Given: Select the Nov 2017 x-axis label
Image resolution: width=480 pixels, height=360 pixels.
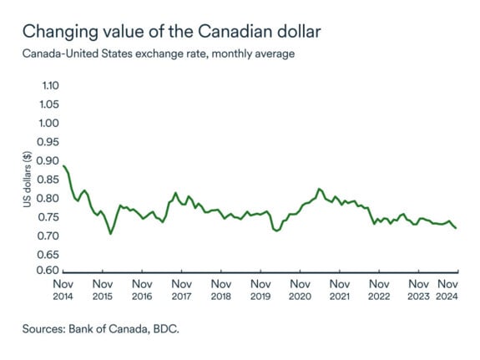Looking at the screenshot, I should [181, 289].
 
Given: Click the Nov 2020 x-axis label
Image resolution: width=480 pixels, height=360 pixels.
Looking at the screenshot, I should [300, 289].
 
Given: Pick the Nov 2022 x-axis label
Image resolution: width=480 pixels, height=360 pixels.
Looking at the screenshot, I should [378, 289].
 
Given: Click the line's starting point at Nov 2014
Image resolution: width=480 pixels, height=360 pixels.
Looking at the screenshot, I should [64, 165].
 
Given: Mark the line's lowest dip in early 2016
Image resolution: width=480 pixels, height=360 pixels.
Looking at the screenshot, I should [110, 234].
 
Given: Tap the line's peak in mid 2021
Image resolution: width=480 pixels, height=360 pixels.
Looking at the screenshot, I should [319, 189].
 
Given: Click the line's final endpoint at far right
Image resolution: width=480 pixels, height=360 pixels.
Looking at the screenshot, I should [456, 229].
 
